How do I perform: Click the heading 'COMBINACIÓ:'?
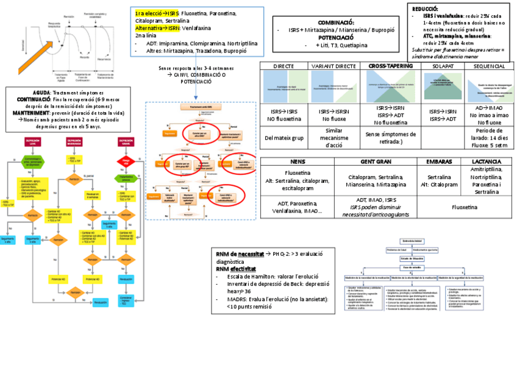click(x=336, y=22)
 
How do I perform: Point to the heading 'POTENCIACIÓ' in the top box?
click(x=336, y=37)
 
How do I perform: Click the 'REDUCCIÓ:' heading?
click(x=426, y=9)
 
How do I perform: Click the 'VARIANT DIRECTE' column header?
click(x=334, y=66)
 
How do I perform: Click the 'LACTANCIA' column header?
click(x=487, y=161)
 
